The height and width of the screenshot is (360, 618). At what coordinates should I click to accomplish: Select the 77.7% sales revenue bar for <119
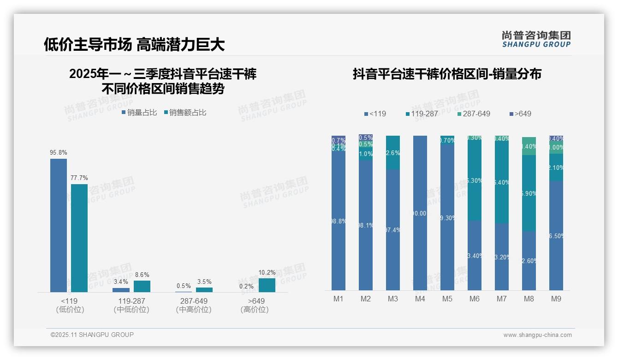click(79, 238)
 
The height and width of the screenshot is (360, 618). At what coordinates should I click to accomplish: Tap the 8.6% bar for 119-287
click(142, 286)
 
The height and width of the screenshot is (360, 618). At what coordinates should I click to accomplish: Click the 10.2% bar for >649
click(267, 285)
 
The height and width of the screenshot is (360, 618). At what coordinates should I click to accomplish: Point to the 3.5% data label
click(204, 282)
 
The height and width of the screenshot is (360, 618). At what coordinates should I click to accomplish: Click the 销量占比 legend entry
click(139, 113)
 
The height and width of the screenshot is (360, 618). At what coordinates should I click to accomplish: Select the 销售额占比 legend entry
click(185, 113)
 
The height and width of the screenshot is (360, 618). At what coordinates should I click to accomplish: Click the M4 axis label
click(420, 299)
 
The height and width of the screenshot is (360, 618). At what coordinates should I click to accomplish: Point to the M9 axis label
click(556, 299)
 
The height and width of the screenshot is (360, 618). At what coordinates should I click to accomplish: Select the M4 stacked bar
click(420, 212)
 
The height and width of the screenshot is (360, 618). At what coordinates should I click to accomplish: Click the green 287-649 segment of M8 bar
click(529, 146)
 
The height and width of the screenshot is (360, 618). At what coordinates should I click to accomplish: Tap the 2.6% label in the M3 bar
click(392, 153)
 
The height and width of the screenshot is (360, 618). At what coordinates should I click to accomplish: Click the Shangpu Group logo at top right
click(536, 39)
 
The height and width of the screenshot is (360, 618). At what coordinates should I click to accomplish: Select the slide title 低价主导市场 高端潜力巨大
click(134, 44)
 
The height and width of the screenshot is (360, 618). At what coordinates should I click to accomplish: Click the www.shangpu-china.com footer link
click(537, 335)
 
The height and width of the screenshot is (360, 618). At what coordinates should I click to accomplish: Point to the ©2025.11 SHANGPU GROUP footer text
click(92, 335)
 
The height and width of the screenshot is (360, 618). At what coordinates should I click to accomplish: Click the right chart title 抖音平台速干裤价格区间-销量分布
click(447, 74)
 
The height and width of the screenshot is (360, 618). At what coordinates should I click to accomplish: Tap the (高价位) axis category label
click(255, 310)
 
